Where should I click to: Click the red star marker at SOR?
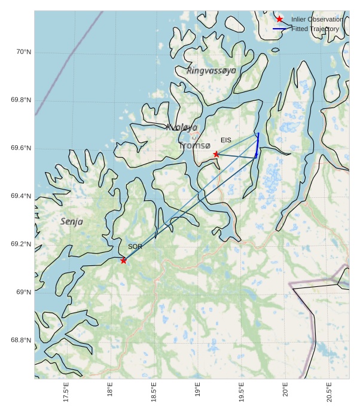coord(123,260)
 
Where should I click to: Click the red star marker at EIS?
coord(216,154)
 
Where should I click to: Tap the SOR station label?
coord(135,246)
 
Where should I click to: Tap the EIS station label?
coord(225,140)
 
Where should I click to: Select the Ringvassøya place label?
coord(211,71)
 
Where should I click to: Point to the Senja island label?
coord(72,222)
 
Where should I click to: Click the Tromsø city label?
coord(194,145)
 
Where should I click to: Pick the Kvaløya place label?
coord(181,127)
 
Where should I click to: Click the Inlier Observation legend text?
coord(317,20)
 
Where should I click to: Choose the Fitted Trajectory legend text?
coord(315,29)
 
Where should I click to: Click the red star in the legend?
coord(279,20)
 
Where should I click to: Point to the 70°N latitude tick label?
coord(23,52)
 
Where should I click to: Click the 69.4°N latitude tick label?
coord(21,196)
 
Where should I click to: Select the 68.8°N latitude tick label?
coord(21,340)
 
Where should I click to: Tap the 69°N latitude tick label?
coord(23,292)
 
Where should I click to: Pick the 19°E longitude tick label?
coord(198,391)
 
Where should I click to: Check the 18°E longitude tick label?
coord(110,391)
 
